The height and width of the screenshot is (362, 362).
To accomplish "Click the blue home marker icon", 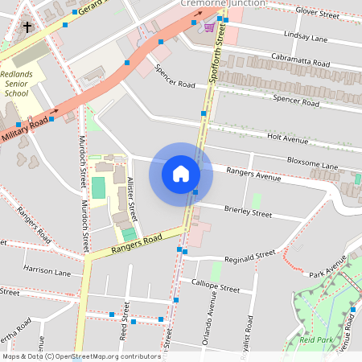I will (181, 174).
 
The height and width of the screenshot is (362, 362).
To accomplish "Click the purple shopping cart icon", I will (209, 27).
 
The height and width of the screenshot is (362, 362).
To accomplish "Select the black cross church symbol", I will (27, 27).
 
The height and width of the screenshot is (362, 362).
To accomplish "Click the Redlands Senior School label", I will (16, 83).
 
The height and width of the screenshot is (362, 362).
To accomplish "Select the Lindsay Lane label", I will (310, 38).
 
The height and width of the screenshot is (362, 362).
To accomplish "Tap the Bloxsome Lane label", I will (313, 165).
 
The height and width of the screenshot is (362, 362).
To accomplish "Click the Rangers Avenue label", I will (253, 173).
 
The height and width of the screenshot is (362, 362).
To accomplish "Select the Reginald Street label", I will (249, 257).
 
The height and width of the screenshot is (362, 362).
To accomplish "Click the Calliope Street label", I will (216, 287).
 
